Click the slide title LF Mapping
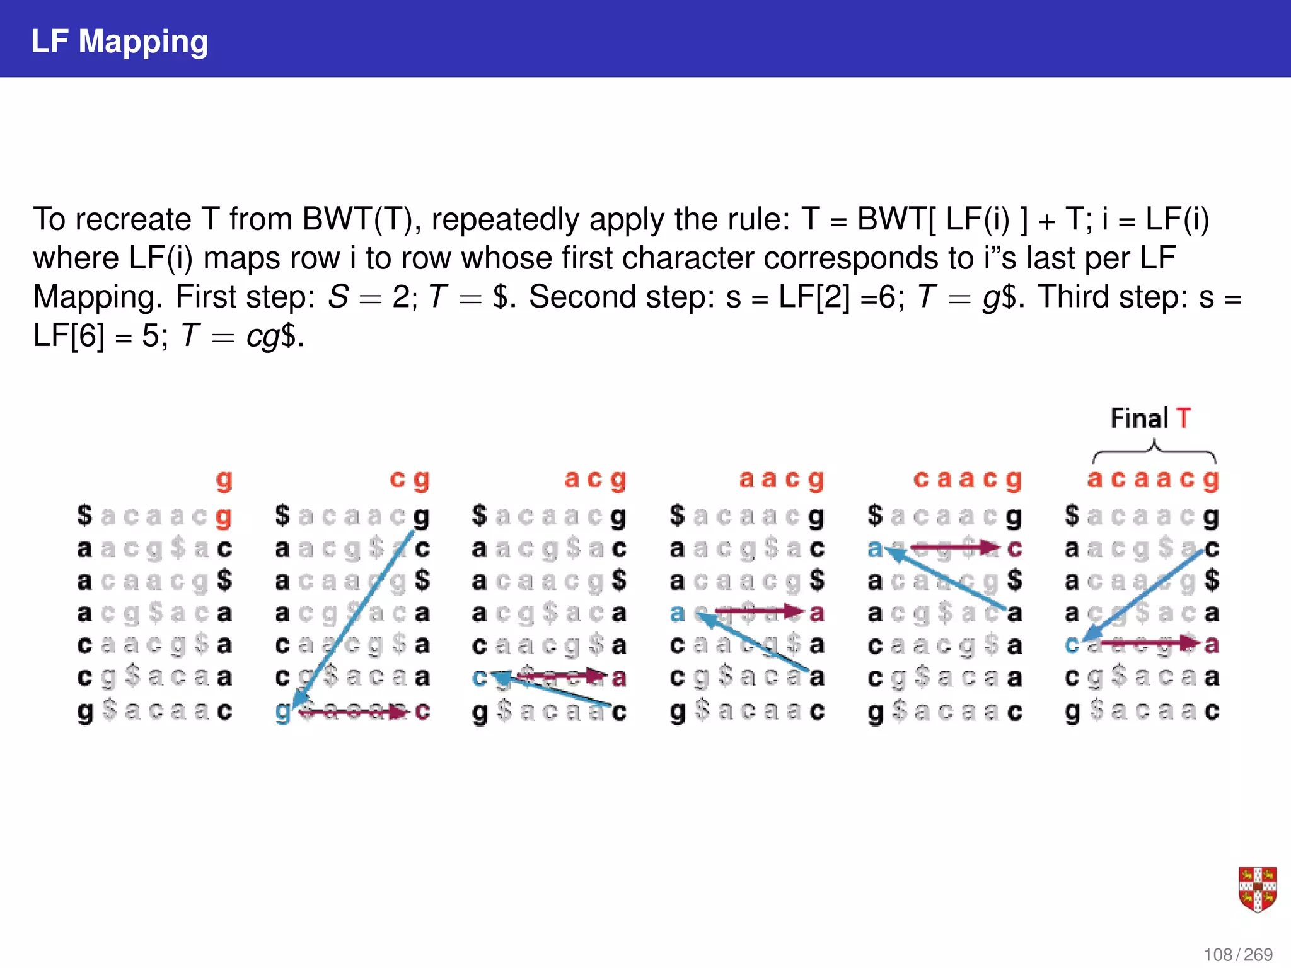click(x=119, y=42)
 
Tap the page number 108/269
click(x=1237, y=954)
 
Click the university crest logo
click(x=1257, y=889)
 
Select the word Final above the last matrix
click(x=1139, y=418)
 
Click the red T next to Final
click(x=1183, y=418)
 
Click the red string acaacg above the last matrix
click(x=1153, y=480)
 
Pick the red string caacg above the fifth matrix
click(x=967, y=480)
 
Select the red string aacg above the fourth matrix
click(x=781, y=480)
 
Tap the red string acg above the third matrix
click(x=595, y=480)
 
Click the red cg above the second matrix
click(x=409, y=480)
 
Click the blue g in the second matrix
click(x=283, y=712)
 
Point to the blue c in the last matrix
click(x=1072, y=645)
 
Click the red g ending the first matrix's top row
click(x=224, y=517)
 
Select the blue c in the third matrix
click(x=480, y=677)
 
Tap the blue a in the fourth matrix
click(x=677, y=612)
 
